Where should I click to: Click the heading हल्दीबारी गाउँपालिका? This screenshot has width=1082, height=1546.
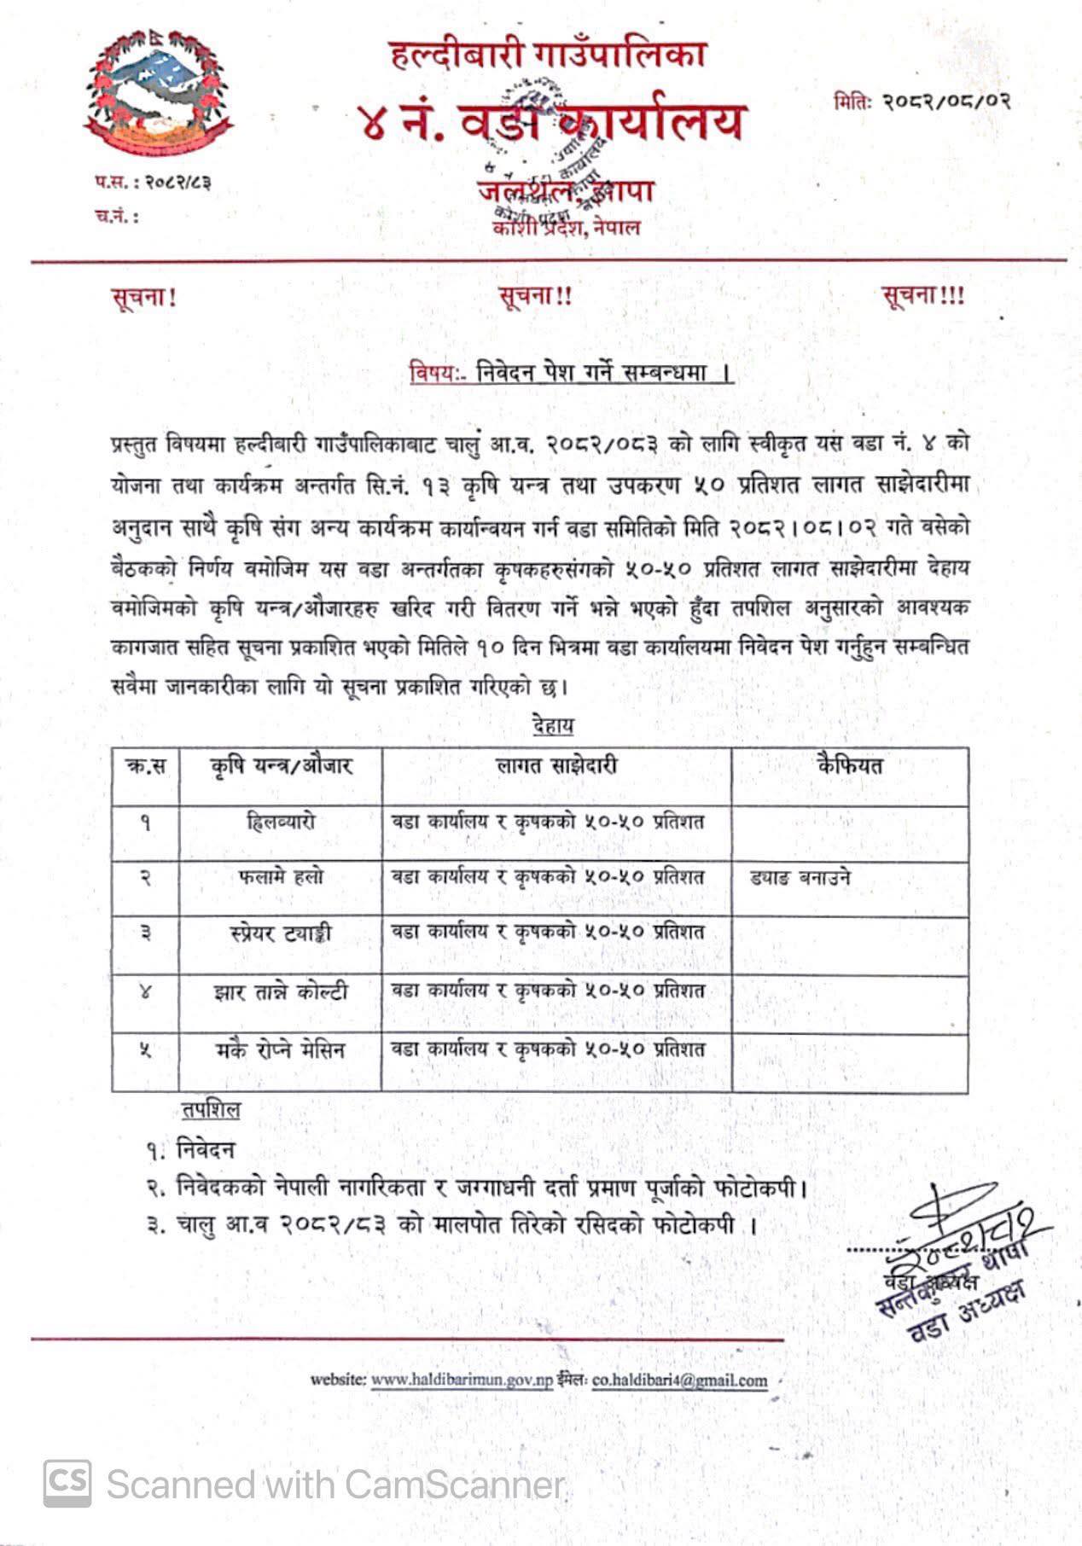click(549, 56)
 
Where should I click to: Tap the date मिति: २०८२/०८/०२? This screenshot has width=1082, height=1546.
click(922, 101)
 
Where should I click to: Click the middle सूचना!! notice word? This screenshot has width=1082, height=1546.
click(535, 296)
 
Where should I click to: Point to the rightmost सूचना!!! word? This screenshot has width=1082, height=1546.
click(923, 296)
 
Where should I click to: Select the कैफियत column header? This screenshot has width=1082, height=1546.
click(849, 765)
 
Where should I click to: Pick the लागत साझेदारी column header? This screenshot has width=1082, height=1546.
click(556, 765)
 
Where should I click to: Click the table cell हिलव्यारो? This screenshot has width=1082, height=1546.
click(280, 822)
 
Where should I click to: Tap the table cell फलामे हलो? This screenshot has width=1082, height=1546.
click(281, 877)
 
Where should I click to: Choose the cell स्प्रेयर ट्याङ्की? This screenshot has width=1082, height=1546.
click(280, 933)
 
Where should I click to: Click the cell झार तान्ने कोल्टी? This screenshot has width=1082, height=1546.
click(280, 991)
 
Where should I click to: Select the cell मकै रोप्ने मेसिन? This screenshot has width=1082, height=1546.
click(280, 1049)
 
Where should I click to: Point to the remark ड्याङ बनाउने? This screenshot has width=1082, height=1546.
click(800, 877)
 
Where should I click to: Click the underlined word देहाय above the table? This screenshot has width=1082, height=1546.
click(552, 726)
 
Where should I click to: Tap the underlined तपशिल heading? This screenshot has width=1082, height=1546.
click(211, 1110)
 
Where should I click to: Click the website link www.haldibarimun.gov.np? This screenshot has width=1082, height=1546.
click(462, 1380)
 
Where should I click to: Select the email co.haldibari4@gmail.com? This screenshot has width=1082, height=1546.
click(679, 1380)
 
